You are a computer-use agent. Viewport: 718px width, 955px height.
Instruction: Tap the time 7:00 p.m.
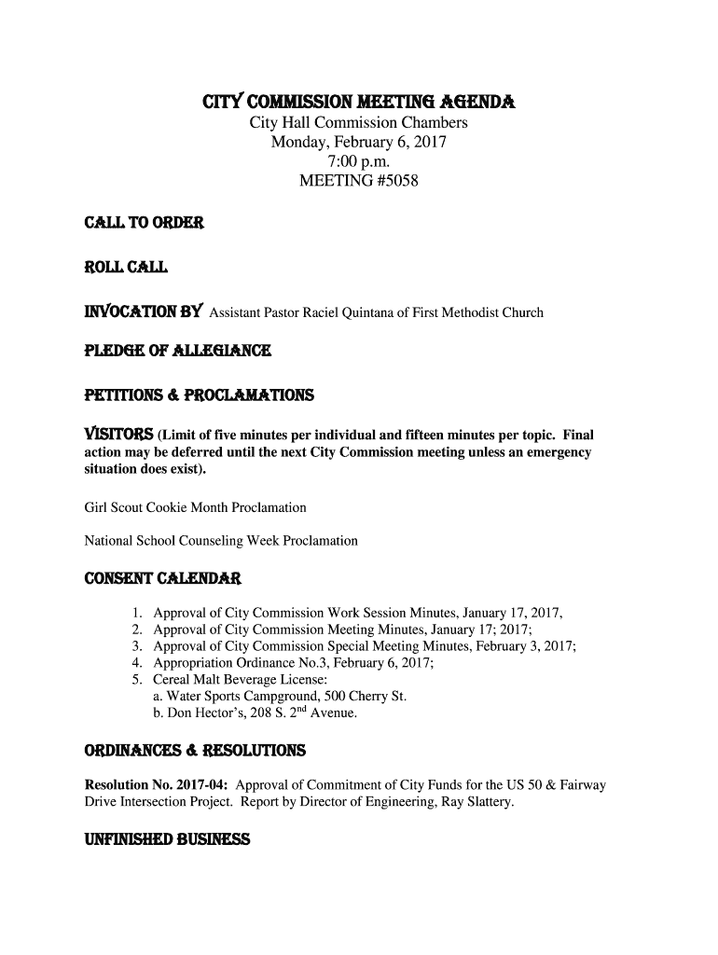pos(358,161)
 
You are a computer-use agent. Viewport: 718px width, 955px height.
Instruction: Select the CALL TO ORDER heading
pos(144,225)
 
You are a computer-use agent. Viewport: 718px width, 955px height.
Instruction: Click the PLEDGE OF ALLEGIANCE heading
pos(178,352)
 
